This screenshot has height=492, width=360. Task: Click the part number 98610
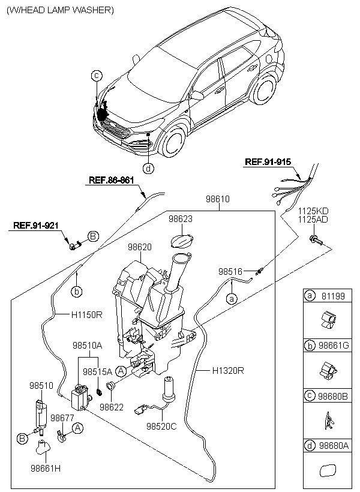pyautogui.click(x=218, y=199)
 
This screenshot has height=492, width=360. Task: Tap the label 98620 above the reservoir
pyautogui.click(x=139, y=247)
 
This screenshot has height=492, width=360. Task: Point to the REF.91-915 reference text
pyautogui.click(x=268, y=162)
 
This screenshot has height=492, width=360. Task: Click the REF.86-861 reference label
pyautogui.click(x=112, y=180)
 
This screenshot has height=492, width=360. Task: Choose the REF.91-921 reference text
pyautogui.click(x=36, y=225)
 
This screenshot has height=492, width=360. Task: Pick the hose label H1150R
pyautogui.click(x=86, y=314)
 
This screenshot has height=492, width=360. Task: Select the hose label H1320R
pyautogui.click(x=228, y=371)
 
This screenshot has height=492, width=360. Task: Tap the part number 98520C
pyautogui.click(x=161, y=427)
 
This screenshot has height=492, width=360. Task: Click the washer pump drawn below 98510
pyautogui.click(x=40, y=416)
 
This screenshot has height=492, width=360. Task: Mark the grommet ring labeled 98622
pyautogui.click(x=111, y=386)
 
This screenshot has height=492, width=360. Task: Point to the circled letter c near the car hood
pyautogui.click(x=97, y=76)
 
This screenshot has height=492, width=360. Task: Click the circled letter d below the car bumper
pyautogui.click(x=148, y=169)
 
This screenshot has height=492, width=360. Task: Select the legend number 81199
pyautogui.click(x=333, y=296)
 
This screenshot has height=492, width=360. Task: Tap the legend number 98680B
pyautogui.click(x=333, y=396)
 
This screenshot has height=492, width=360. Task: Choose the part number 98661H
pyautogui.click(x=46, y=469)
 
